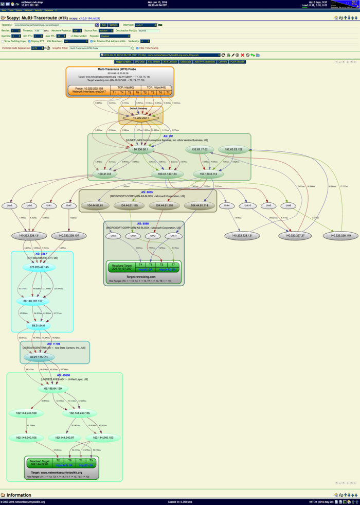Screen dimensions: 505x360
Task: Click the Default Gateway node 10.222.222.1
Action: pos(141,118)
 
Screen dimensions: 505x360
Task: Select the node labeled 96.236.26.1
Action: pos(141,150)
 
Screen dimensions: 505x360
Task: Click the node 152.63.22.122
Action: pos(233,150)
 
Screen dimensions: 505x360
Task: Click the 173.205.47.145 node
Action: pos(39,268)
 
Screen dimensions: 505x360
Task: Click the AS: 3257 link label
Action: pos(41,254)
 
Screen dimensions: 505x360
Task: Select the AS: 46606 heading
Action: pos(63,375)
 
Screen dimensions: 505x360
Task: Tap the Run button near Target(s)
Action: pos(104,25)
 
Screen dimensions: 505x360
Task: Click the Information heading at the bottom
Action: pos(19,495)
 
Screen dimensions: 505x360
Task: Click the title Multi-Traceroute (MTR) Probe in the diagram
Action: pos(119,69)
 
